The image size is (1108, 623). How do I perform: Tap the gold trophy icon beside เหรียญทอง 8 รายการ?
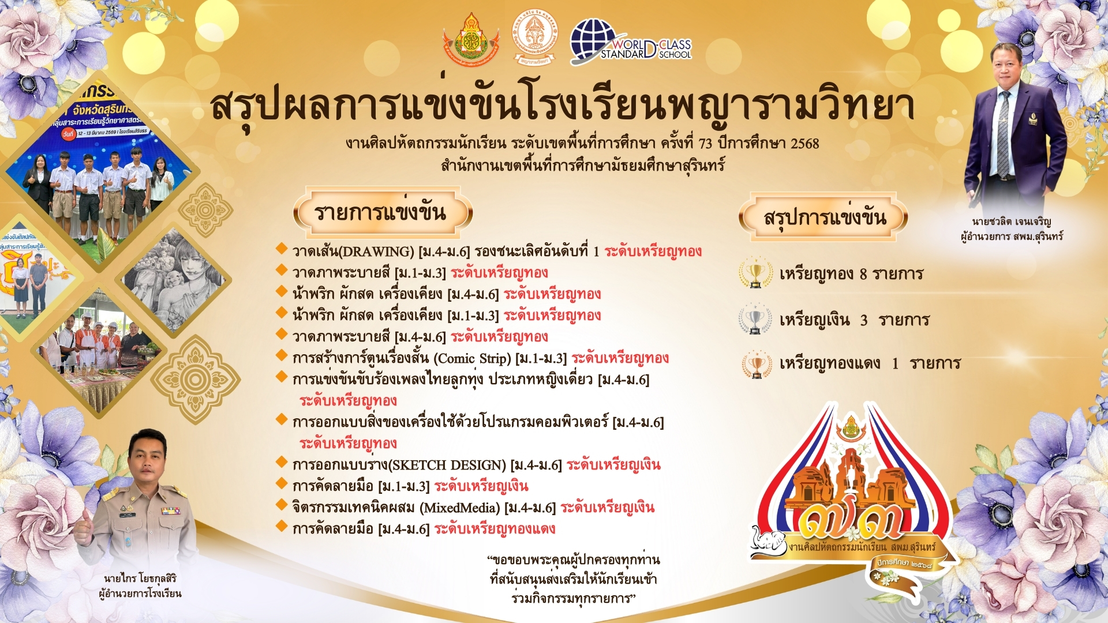pyautogui.click(x=755, y=273)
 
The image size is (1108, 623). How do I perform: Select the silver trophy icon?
pyautogui.click(x=755, y=319)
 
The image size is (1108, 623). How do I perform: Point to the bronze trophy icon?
pyautogui.click(x=757, y=364)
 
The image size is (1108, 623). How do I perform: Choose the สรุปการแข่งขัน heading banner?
pyautogui.click(x=823, y=217)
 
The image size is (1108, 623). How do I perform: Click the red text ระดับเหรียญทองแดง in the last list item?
pyautogui.click(x=495, y=529)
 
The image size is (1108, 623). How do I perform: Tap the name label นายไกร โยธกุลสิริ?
pyautogui.click(x=140, y=578)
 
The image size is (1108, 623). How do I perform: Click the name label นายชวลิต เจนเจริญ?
pyautogui.click(x=1011, y=222)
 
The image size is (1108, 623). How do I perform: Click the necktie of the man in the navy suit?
pyautogui.click(x=1004, y=133)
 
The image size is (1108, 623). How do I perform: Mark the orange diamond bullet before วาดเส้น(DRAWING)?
pyautogui.click(x=282, y=249)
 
